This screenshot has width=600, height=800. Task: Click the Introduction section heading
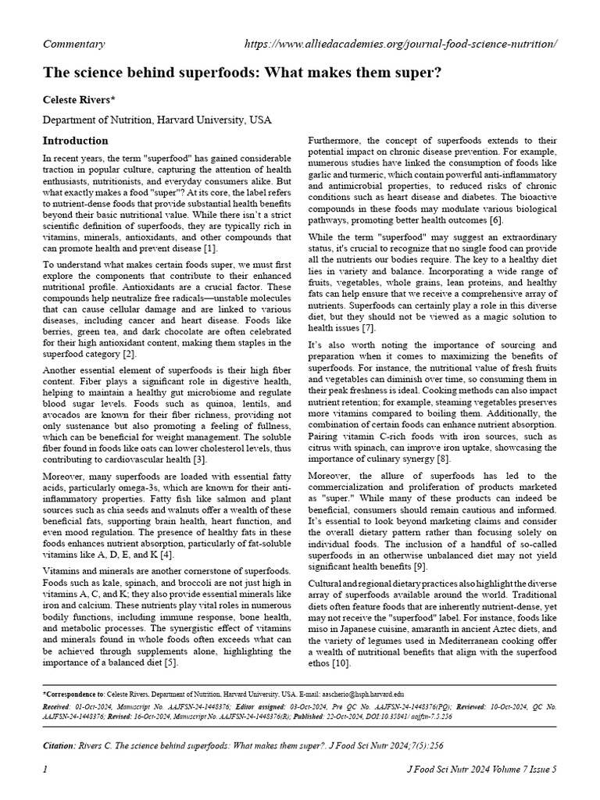pos(75,141)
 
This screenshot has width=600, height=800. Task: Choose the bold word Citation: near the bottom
pos(59,746)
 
